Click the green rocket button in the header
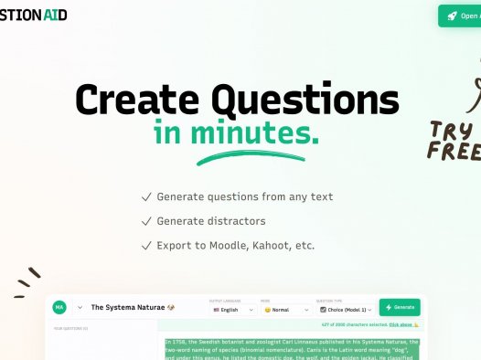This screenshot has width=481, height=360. pos(461,16)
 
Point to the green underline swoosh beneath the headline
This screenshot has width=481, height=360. pos(239,158)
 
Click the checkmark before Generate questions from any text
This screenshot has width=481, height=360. pos(146,196)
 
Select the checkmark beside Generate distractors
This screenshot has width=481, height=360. pos(146,221)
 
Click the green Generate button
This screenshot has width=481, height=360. pos(400,308)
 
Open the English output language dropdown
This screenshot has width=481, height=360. pos(232,310)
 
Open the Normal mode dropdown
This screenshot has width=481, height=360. pos(285,310)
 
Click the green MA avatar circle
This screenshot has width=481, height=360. pos(59,308)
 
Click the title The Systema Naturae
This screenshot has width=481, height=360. pos(127,308)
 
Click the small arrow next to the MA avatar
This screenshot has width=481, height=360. pos(80,308)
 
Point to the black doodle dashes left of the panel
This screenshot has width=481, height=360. pos(28,281)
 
